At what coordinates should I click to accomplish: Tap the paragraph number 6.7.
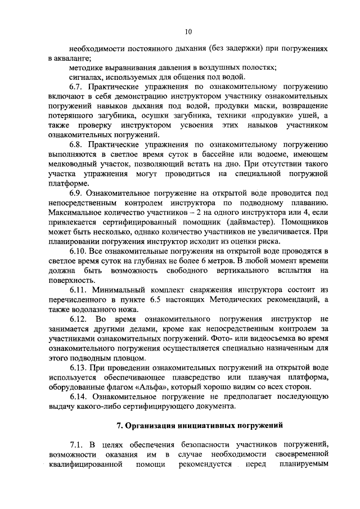pos(76,87)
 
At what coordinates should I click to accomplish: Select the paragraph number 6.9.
pos(76,193)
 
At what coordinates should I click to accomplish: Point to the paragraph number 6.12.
pos(78,318)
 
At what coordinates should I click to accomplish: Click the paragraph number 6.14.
pos(78,397)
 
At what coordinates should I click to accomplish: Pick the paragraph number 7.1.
pos(76,445)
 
